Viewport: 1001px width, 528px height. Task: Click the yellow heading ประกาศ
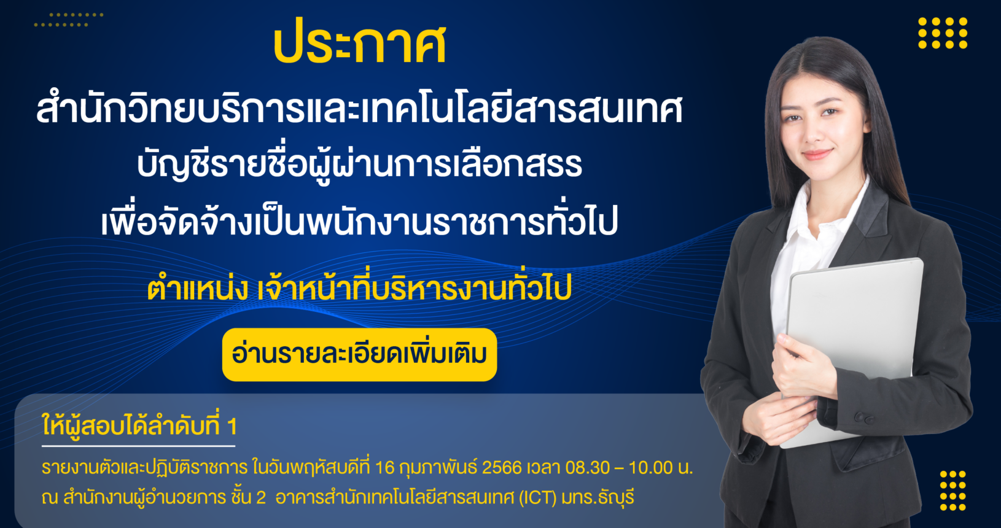pyautogui.click(x=360, y=42)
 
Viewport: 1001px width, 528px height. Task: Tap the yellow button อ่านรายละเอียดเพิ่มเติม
pyautogui.click(x=359, y=355)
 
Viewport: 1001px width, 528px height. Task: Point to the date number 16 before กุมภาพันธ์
pyautogui.click(x=385, y=468)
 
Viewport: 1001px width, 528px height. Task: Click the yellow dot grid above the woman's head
pyautogui.click(x=943, y=33)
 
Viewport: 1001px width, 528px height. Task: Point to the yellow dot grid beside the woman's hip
pyautogui.click(x=953, y=491)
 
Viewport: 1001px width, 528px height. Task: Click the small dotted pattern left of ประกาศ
pyautogui.click(x=69, y=20)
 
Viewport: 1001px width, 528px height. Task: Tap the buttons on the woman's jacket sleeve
pyautogui.click(x=864, y=418)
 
